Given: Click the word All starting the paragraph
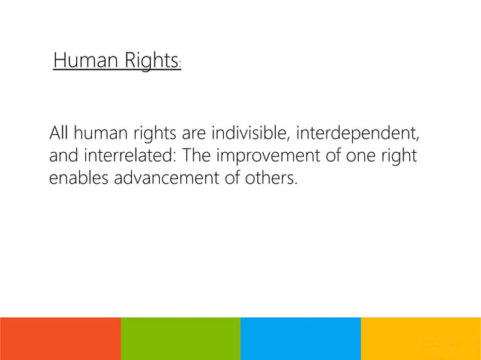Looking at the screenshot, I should [58, 136].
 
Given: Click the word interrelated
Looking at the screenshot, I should [117, 158].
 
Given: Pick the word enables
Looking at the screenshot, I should [77, 181].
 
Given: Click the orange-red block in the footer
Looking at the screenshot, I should [60, 338].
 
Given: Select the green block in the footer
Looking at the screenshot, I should [180, 338].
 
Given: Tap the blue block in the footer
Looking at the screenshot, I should [301, 338].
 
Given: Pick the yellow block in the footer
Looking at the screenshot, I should [421, 338].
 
